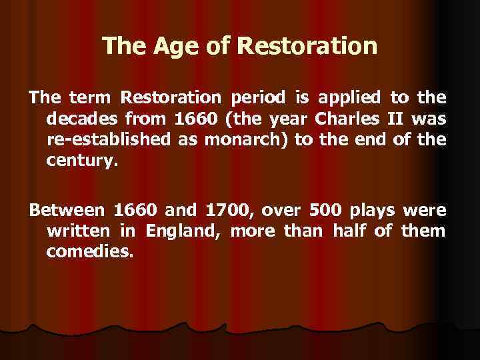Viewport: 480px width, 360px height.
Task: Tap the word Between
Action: point(66,211)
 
